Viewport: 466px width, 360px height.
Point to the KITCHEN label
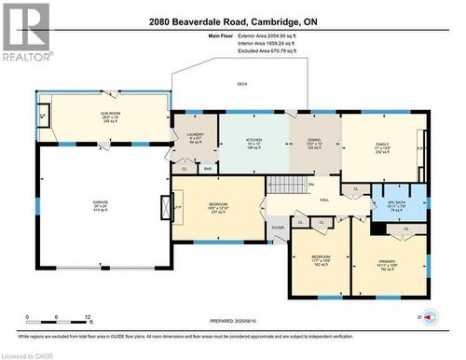point(254,141)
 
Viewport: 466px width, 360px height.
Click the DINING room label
point(313,141)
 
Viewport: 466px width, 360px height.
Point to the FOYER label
point(278,227)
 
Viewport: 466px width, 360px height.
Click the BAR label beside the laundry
point(208,169)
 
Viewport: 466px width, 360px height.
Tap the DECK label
point(242,85)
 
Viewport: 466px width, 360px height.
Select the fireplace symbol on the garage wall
point(167,206)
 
